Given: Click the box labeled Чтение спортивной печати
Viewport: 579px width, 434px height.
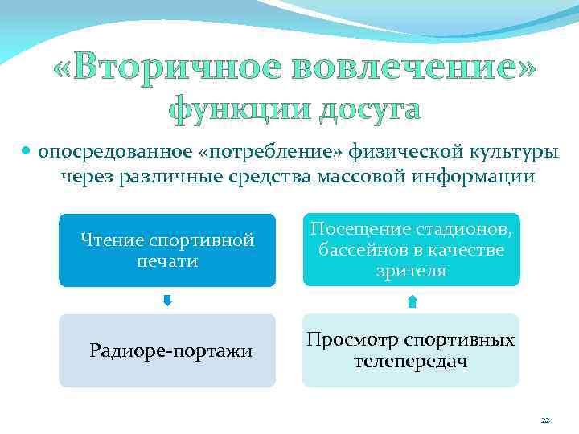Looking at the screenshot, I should point(167,250).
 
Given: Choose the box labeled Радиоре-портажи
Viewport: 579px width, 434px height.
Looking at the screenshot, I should point(167,350).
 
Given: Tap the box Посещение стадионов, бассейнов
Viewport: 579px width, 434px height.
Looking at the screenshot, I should point(411,250).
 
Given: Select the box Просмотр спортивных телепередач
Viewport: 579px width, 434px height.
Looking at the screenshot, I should point(411,350).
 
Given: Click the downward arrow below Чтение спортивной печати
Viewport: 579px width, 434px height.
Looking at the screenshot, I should point(167,301).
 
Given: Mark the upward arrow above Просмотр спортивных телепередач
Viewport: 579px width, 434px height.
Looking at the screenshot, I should point(412,301).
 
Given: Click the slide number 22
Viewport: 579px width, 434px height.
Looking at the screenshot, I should point(545,420).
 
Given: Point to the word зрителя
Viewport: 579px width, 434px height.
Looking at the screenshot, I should point(411,272).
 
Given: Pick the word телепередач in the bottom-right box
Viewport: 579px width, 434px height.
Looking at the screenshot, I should point(411,362).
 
